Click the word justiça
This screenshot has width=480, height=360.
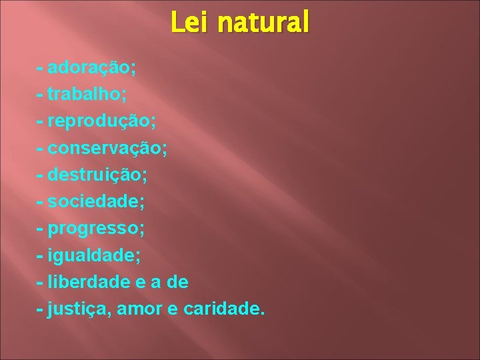tap(75, 309)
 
